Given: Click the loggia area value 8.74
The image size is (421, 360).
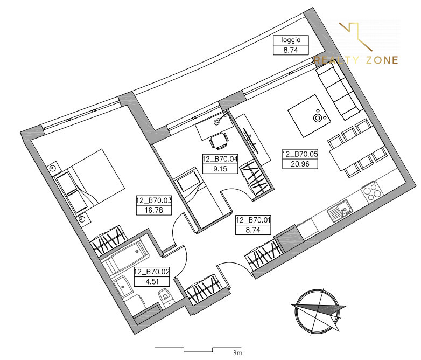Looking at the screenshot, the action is point(291,50).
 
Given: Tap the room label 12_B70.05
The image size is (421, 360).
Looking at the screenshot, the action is point(300,154).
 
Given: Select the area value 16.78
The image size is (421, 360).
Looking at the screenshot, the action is point(154,210).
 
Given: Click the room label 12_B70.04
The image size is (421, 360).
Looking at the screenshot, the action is point(220,159).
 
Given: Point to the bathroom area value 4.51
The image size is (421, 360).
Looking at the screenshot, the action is point(152,281).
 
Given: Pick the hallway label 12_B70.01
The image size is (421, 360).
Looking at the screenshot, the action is point(253,220).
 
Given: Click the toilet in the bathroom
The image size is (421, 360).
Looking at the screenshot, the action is point(166,297).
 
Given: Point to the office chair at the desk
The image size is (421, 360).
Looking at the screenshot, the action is point(219,140).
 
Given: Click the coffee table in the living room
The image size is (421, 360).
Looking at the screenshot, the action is point(309,116).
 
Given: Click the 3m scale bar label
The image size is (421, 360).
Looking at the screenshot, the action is point(237,353).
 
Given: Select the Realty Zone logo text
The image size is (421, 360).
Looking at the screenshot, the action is point(356,60).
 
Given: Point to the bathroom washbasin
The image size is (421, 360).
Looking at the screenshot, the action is point(123,286).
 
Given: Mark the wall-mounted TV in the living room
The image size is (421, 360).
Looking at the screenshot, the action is point(251,141).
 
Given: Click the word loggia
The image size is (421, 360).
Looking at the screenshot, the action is point(291,40).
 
